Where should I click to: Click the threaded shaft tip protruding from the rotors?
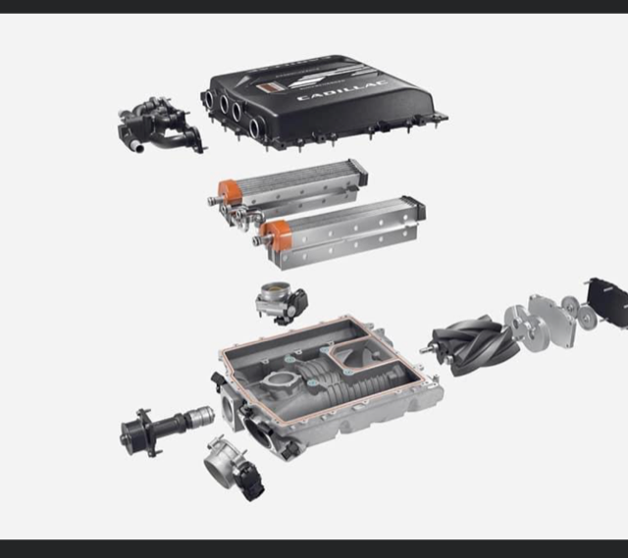(428, 348)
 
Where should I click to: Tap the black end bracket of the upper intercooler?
(358, 173)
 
